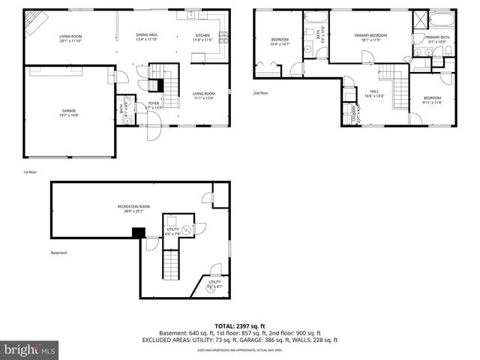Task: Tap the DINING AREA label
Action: coord(146,35)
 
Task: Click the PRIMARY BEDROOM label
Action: coord(370,35)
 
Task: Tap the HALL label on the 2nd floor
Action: coord(374,91)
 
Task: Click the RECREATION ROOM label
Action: coord(133,206)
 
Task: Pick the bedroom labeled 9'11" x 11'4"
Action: coord(432,98)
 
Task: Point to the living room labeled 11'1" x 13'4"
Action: coord(203,93)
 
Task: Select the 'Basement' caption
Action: coord(59,253)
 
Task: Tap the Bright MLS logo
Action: coord(29,349)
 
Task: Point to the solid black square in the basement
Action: coord(138,232)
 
